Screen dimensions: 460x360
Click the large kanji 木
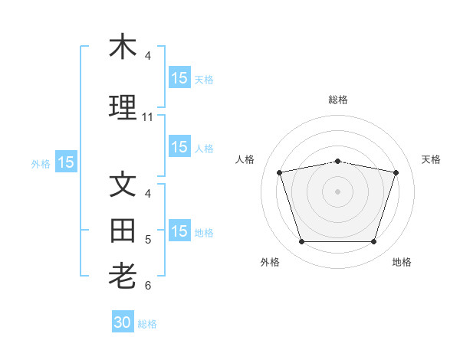point(123,46)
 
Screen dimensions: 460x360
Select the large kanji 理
point(123,107)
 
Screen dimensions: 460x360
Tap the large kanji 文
point(123,184)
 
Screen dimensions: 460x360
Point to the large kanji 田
point(123,231)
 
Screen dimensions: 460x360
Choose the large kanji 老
point(123,276)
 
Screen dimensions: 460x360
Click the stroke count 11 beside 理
point(147,117)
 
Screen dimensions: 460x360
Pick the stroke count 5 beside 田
point(148,240)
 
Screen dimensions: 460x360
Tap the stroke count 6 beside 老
point(148,286)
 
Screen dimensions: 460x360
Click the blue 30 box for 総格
point(123,321)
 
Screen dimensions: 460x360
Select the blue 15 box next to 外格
point(66,162)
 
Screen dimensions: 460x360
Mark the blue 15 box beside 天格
point(180,77)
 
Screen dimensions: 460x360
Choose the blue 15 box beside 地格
point(180,230)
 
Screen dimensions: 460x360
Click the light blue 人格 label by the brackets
point(204,149)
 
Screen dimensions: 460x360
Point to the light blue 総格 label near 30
point(147,324)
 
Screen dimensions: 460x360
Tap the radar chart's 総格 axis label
point(338,100)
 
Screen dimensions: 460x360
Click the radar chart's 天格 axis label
point(431,159)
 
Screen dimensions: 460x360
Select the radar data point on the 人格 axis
point(279,172)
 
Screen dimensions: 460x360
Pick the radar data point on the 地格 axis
point(374,241)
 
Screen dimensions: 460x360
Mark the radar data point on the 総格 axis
point(337,162)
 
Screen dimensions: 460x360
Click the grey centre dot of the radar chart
point(337,191)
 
